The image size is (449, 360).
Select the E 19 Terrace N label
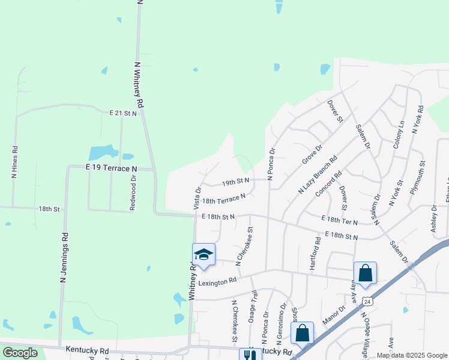pyautogui.click(x=111, y=169)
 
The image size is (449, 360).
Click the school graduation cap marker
pyautogui.click(x=203, y=254)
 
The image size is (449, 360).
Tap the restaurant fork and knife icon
pyautogui.click(x=250, y=355)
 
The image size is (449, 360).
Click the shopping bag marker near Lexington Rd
pyautogui.click(x=365, y=273)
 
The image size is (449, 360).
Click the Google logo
pyautogui.click(x=20, y=353)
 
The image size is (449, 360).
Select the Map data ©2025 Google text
pyautogui.click(x=411, y=355)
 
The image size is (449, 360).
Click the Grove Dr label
pyautogui.click(x=312, y=154)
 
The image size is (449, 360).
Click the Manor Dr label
pyautogui.click(x=334, y=316)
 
